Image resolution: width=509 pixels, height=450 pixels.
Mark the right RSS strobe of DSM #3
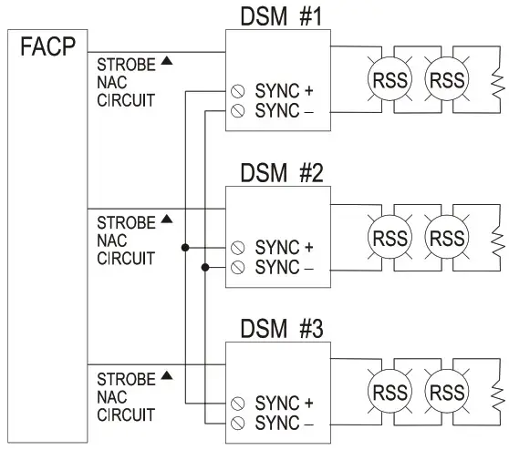(x=447, y=394)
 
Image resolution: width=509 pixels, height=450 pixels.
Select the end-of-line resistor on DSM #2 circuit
(x=496, y=239)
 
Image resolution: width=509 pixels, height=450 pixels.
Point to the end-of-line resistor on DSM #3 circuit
(x=496, y=394)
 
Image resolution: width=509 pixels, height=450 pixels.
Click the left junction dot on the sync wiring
(x=185, y=247)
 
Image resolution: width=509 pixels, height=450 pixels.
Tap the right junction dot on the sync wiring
(x=204, y=266)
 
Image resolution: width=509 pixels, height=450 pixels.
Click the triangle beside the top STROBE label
(x=166, y=62)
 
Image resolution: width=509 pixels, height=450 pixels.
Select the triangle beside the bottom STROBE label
(x=166, y=374)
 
